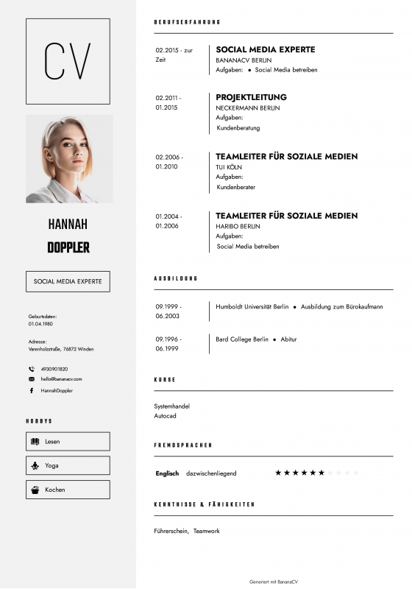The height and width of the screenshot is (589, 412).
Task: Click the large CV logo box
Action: click(68, 61)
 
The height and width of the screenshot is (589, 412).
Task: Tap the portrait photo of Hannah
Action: click(69, 158)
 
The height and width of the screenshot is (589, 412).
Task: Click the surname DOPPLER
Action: click(68, 247)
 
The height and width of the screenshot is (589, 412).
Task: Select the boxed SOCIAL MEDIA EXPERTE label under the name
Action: click(68, 281)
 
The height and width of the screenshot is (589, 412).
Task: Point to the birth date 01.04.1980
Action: click(40, 324)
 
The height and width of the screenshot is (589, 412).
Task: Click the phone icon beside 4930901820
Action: click(32, 369)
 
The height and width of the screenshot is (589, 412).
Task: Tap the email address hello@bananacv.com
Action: click(61, 378)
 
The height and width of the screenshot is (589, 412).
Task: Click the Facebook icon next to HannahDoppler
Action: click(32, 390)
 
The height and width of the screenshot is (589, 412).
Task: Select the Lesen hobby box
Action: click(68, 441)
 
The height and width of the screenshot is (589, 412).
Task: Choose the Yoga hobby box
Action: click(68, 465)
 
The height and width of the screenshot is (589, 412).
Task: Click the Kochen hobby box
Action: click(68, 490)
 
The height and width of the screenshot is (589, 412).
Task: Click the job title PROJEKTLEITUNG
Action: click(251, 97)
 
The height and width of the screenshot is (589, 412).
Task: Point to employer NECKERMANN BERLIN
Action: click(247, 108)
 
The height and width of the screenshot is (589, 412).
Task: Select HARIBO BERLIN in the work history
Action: click(238, 226)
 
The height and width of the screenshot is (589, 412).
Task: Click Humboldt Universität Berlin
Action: click(252, 306)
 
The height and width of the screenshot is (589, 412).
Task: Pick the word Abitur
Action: click(288, 339)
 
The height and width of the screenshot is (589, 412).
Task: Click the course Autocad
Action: click(165, 416)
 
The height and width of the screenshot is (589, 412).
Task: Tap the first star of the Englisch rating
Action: click(278, 473)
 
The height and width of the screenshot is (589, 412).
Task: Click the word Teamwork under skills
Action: click(207, 531)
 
